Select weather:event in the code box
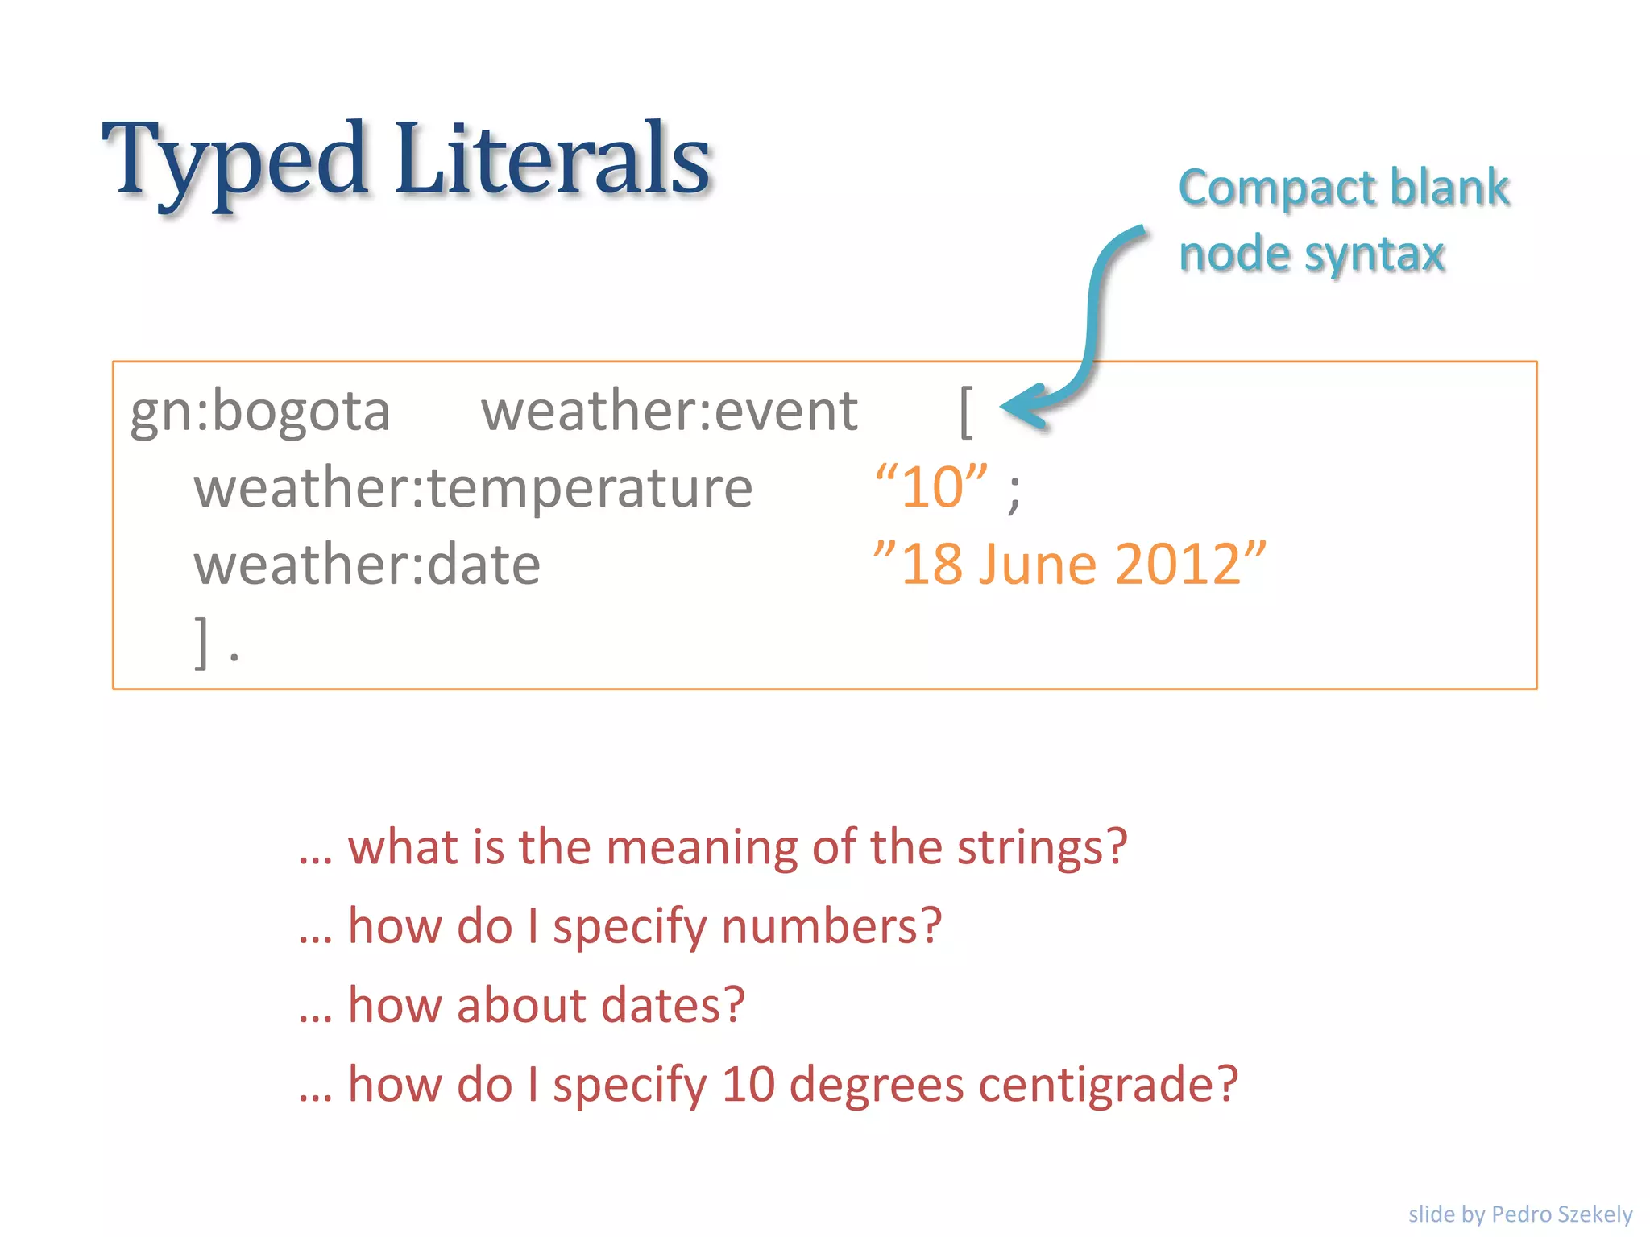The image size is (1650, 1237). point(669,411)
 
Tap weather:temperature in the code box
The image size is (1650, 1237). point(473,489)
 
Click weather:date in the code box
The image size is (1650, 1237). point(367,565)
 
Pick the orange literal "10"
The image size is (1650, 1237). point(931,486)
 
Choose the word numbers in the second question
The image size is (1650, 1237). point(830,926)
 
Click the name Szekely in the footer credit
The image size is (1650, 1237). point(1594,1214)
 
